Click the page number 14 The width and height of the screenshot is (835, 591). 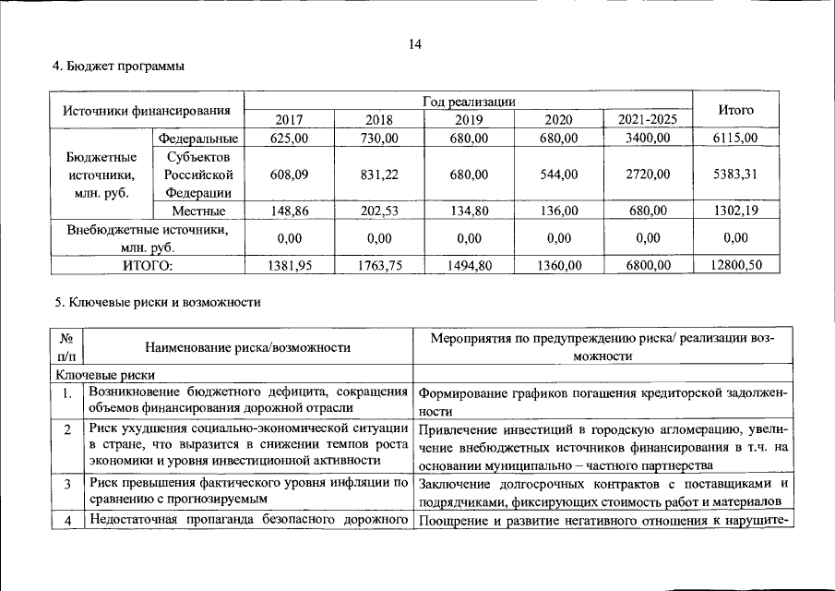tap(417, 42)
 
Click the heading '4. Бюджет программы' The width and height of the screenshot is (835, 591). tap(118, 66)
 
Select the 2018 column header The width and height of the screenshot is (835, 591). tap(379, 120)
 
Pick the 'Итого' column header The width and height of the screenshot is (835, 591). tap(735, 110)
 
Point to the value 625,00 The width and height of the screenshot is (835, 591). tap(289, 139)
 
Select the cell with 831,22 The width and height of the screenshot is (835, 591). tap(379, 175)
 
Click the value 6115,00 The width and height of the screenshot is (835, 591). tap(735, 139)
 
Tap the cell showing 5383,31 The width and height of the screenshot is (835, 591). tap(735, 175)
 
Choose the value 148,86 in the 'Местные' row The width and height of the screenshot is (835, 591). tap(289, 211)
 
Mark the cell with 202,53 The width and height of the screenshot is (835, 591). tap(379, 211)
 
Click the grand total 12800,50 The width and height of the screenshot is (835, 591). tap(735, 265)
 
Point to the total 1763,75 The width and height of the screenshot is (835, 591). tap(379, 265)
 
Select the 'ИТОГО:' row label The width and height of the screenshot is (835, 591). tap(148, 265)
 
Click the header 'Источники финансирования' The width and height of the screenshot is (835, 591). tap(146, 111)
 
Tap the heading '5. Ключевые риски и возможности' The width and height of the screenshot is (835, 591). tap(157, 301)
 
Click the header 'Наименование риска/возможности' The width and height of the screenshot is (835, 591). tap(247, 347)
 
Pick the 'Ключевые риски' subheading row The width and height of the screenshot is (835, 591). tap(105, 374)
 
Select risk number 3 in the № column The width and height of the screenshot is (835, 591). tap(67, 484)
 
